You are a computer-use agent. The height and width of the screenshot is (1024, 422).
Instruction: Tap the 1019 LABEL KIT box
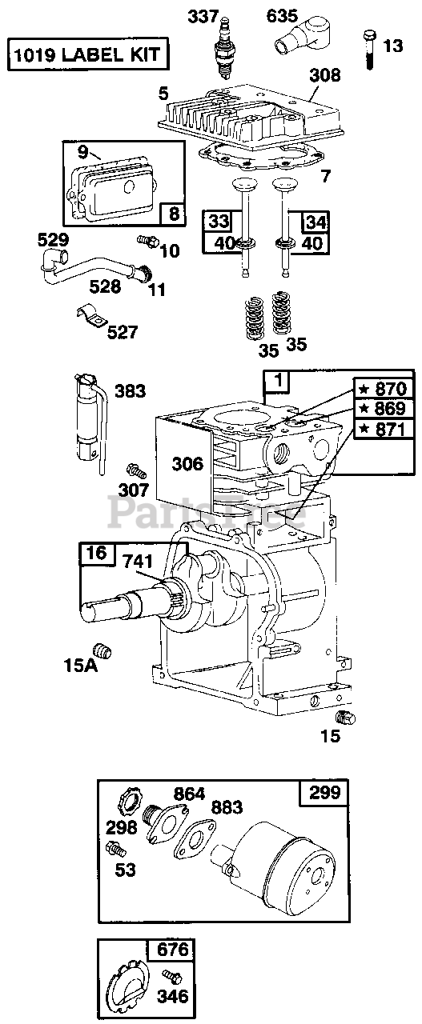(88, 55)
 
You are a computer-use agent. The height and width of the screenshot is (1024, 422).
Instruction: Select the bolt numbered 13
(370, 50)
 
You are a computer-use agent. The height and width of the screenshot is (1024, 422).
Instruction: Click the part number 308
(325, 75)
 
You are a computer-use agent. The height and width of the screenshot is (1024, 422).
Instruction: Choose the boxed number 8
(174, 214)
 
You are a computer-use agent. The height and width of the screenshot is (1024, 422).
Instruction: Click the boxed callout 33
(219, 222)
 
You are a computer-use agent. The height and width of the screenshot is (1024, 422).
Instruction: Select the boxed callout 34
(315, 222)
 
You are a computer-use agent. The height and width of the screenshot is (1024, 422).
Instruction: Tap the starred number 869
(384, 408)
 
